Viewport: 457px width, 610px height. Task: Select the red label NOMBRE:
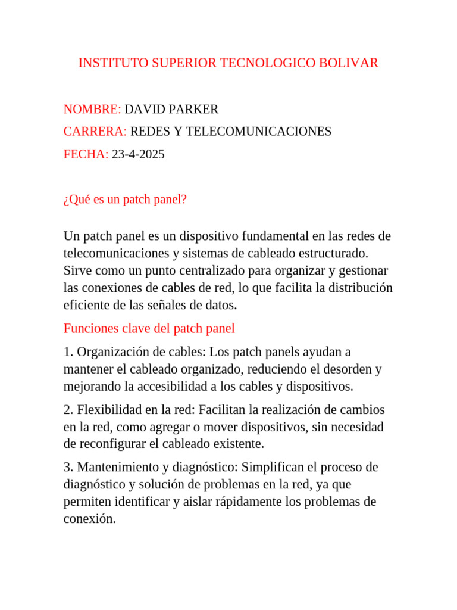point(92,109)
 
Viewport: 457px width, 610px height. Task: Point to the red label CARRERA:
point(95,132)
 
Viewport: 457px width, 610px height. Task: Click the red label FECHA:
point(86,154)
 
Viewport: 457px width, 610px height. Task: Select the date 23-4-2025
point(138,154)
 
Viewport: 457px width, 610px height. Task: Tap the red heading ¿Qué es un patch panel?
point(125,200)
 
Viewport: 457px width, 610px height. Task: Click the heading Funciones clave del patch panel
point(149,328)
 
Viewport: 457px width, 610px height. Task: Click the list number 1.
point(67,352)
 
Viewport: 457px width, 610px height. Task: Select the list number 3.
point(67,467)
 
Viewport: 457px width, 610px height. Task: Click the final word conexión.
point(89,519)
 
